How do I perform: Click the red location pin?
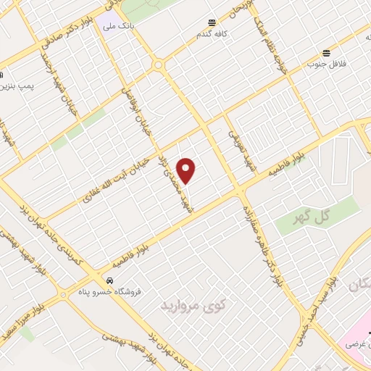tap(187, 170)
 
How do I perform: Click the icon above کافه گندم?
tap(212, 22)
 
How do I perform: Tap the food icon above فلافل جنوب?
tap(327, 53)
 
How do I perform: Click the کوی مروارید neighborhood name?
tap(190, 302)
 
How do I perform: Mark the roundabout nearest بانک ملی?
tap(157, 65)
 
